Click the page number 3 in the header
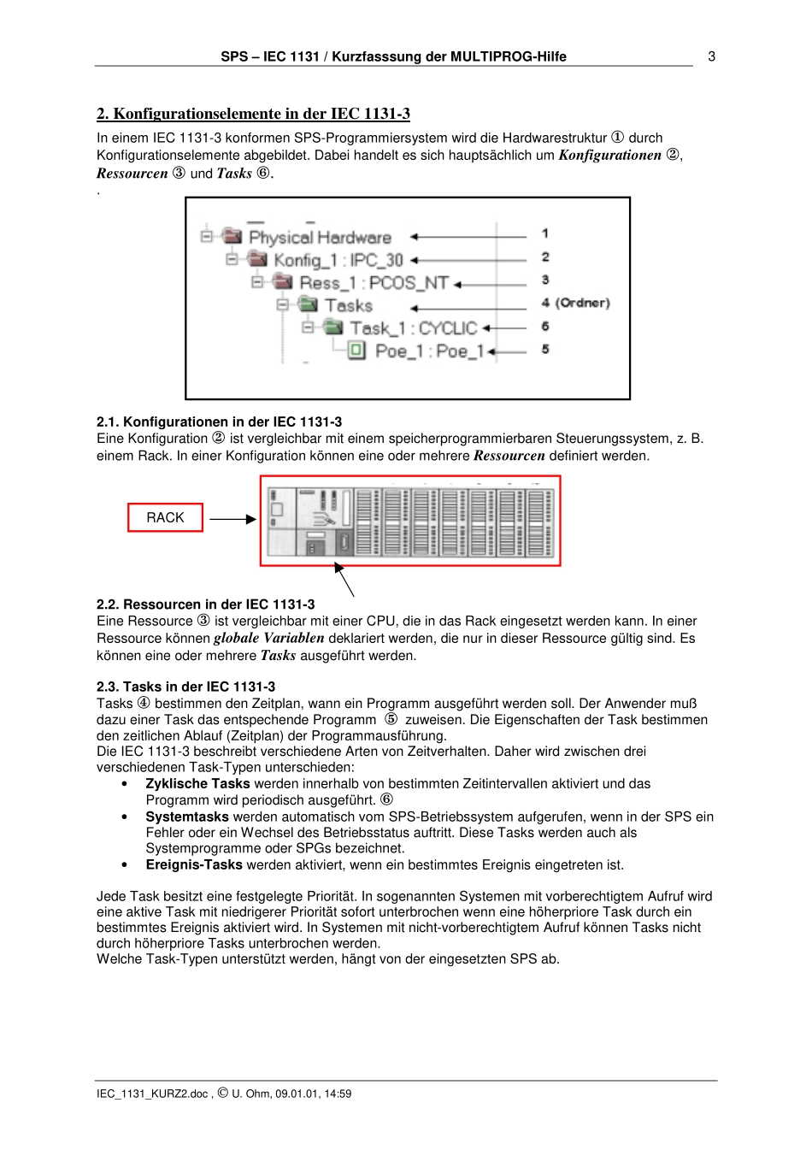[711, 56]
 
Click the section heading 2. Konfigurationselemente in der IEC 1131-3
[253, 114]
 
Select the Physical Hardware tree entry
[319, 238]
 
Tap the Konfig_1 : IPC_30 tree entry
[338, 260]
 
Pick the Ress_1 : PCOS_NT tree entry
[373, 283]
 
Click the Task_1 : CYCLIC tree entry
[413, 328]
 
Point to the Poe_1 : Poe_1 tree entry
[429, 351]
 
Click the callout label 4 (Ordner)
[575, 303]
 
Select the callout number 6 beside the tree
[545, 327]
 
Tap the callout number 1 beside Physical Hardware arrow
[545, 233]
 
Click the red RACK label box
[165, 518]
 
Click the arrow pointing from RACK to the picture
[232, 519]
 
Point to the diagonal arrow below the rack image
[344, 580]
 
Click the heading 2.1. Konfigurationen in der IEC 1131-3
[219, 422]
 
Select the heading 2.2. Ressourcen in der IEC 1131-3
[205, 604]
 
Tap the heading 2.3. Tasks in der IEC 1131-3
[185, 687]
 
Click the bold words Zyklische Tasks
[197, 784]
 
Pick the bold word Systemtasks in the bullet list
[187, 817]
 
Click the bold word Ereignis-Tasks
[194, 865]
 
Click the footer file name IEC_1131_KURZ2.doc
[152, 1094]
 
